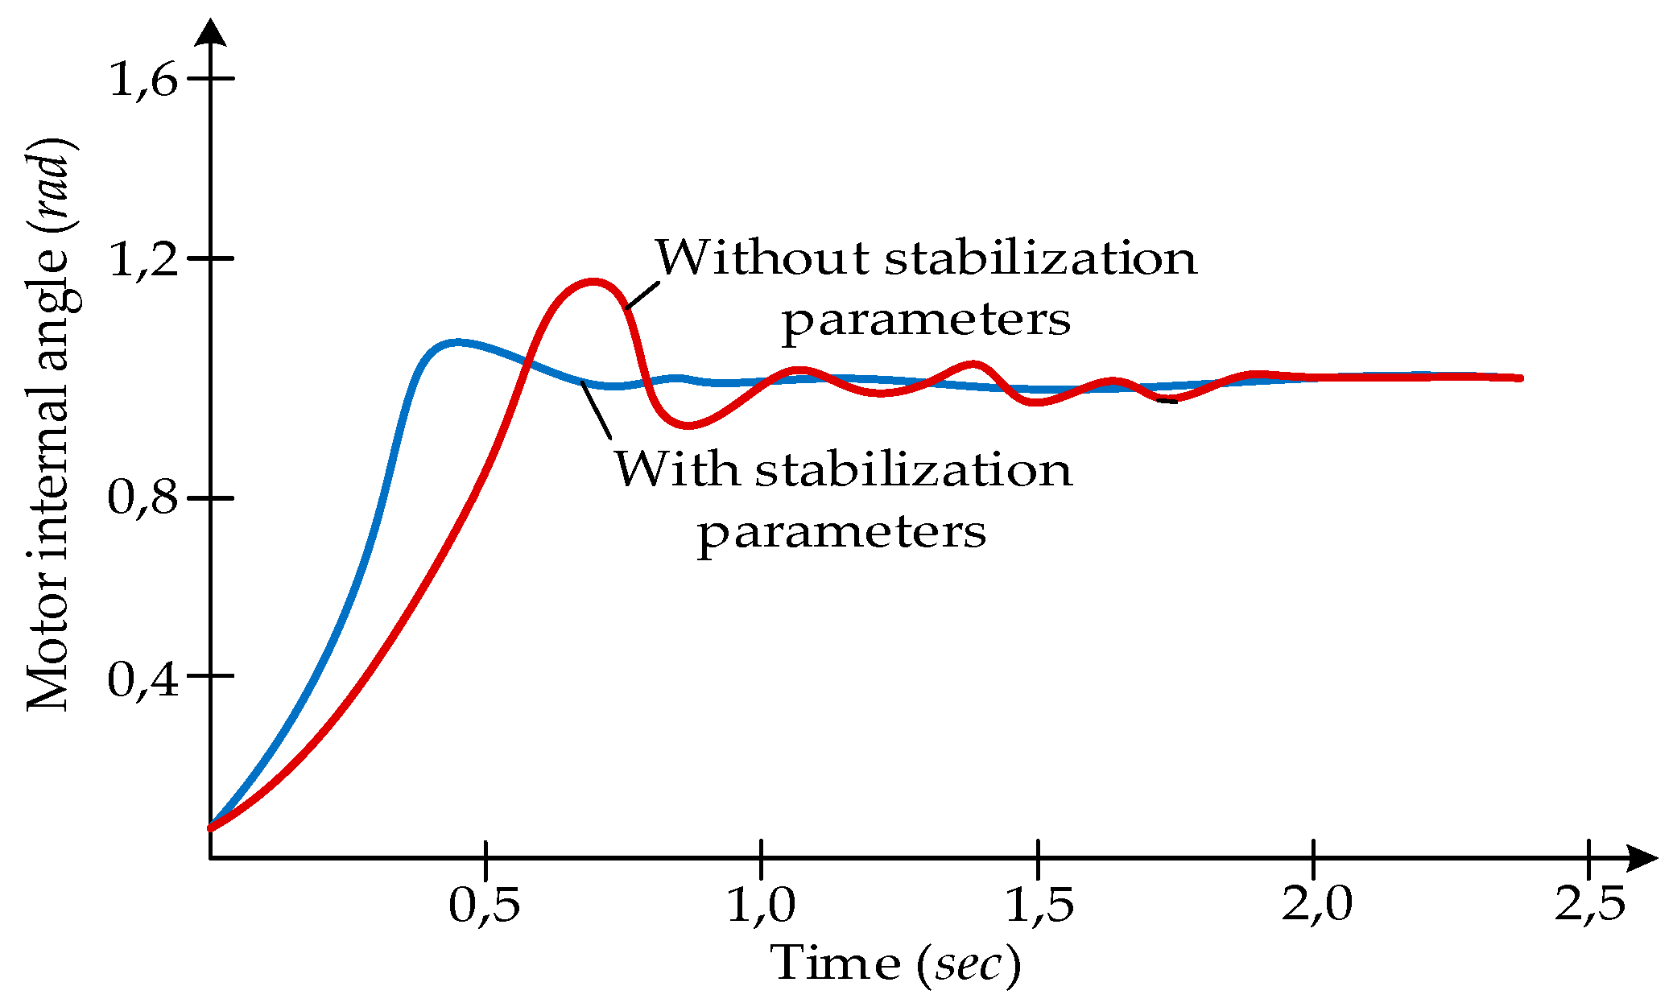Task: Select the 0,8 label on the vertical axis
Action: (x=143, y=497)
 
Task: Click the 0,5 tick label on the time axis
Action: (x=484, y=904)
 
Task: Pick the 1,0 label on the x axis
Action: (x=761, y=904)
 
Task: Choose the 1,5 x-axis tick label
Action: (x=1039, y=904)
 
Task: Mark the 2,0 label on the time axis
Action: (x=1316, y=904)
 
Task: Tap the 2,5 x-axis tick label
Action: (x=1589, y=904)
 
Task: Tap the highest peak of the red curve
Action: (x=593, y=282)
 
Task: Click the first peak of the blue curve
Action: (x=457, y=342)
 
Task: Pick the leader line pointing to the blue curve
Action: (x=597, y=411)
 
